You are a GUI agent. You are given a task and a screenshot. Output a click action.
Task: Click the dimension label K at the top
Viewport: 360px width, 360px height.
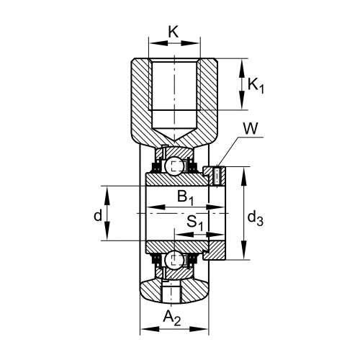pos(174,32)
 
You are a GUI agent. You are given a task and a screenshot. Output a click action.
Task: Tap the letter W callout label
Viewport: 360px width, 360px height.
pos(251,128)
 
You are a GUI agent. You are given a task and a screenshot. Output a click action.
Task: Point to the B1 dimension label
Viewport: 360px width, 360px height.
pos(185,197)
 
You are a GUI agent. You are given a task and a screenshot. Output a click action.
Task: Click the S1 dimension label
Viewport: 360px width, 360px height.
pos(195,222)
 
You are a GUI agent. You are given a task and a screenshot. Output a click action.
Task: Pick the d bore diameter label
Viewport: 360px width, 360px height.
pos(98,215)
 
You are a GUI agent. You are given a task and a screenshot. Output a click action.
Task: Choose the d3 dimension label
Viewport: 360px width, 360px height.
pos(256,218)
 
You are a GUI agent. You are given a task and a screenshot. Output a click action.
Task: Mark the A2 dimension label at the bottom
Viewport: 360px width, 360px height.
pos(172,318)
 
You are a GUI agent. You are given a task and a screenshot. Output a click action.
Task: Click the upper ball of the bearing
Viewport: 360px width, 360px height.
pos(175,166)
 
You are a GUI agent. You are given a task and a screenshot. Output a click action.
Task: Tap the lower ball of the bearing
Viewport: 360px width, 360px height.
pos(175,260)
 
